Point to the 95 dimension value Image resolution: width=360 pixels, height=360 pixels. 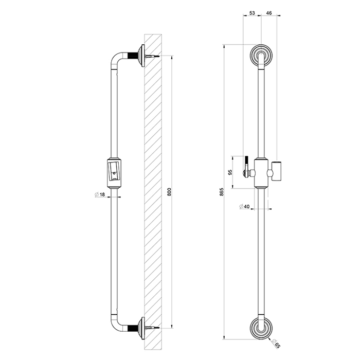[231, 172]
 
